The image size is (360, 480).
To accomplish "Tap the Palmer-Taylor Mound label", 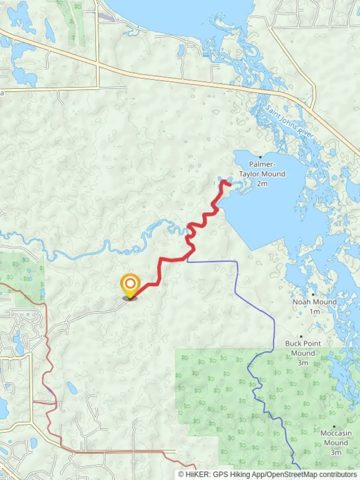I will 262,169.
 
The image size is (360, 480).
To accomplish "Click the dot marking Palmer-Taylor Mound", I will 260,157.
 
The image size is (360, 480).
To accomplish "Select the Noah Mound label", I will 314,302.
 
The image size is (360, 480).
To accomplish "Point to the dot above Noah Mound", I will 313,294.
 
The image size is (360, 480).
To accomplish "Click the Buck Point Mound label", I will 303,348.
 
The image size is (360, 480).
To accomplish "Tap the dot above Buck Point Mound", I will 301,336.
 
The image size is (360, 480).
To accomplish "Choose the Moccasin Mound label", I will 336,438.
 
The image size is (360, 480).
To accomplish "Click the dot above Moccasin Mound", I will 334,426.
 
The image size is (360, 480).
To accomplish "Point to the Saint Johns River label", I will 289,121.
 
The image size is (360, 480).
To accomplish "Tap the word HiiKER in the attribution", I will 197,475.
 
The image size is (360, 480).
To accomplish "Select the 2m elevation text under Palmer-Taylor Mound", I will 262,184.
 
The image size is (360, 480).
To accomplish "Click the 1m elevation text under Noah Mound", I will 314,312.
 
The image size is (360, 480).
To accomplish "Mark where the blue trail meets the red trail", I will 188,257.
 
